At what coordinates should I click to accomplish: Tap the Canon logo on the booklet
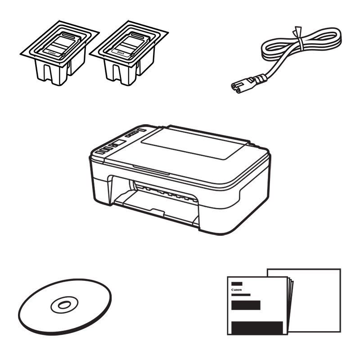[x=236, y=290]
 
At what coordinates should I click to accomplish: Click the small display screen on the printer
[x=119, y=143]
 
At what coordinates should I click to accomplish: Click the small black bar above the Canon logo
[x=236, y=283]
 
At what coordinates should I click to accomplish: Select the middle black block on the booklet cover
[x=246, y=306]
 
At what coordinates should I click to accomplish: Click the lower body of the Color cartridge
[x=54, y=72]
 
